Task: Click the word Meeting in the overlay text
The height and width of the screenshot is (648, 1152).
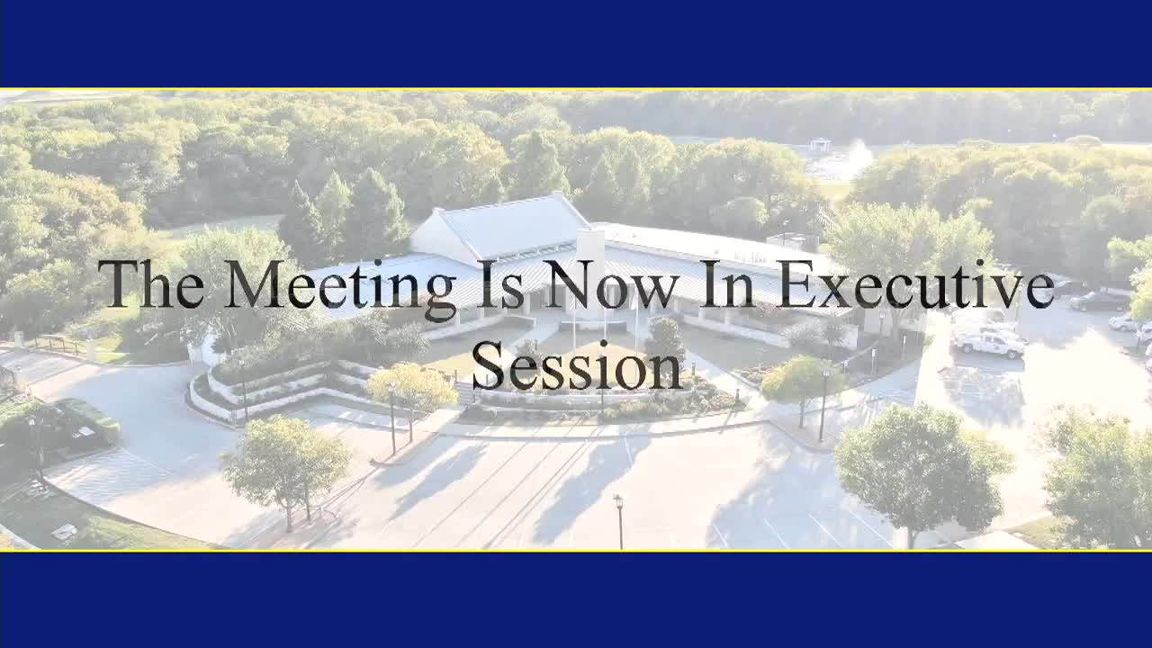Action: pyautogui.click(x=340, y=286)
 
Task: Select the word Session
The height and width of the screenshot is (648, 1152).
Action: pyautogui.click(x=576, y=366)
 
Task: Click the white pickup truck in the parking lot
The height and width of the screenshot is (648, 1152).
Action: pyautogui.click(x=990, y=343)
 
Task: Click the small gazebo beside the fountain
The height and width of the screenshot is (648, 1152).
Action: pyautogui.click(x=819, y=144)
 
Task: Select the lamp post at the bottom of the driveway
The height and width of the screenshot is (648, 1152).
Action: pyautogui.click(x=619, y=520)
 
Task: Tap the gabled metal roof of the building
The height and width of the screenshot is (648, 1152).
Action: pyautogui.click(x=513, y=225)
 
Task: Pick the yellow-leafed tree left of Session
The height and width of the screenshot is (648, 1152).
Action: pyautogui.click(x=412, y=387)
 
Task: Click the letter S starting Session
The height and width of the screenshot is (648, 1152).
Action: pyautogui.click(x=487, y=366)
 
